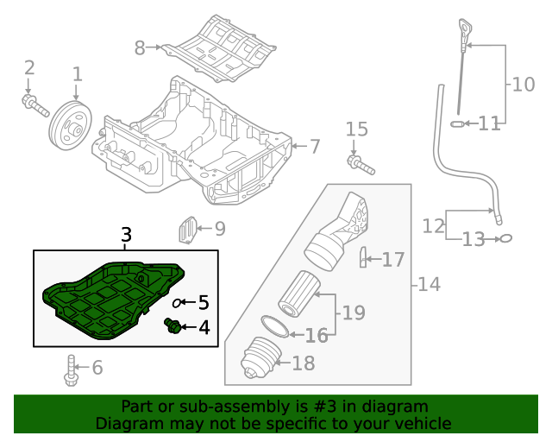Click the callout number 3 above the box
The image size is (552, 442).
(x=126, y=235)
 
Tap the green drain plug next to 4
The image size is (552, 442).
(x=172, y=325)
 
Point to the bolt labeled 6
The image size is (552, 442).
(x=69, y=369)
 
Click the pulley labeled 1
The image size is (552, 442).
(x=69, y=126)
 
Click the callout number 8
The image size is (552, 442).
(x=140, y=48)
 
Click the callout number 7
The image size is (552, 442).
(x=314, y=147)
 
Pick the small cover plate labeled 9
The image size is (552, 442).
(x=185, y=230)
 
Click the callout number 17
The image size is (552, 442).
(x=393, y=259)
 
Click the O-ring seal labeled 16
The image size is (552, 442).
(x=274, y=326)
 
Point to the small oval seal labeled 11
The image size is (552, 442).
(x=458, y=124)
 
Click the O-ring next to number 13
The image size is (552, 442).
(x=506, y=238)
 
